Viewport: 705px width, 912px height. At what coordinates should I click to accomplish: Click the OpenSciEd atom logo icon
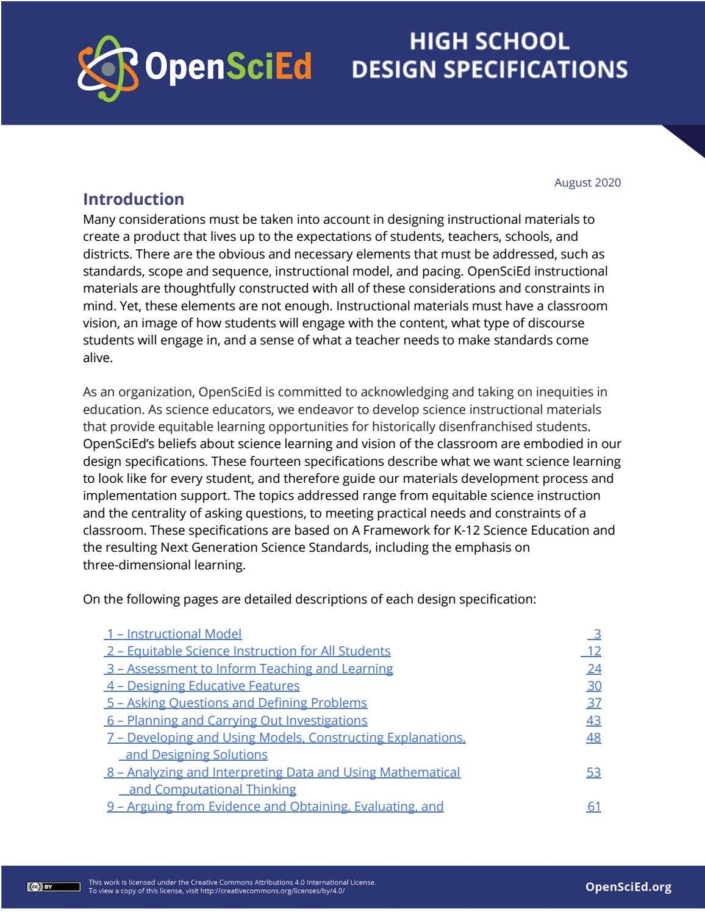coord(107,68)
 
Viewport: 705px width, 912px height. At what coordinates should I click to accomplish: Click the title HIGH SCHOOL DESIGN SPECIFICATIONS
coord(489,55)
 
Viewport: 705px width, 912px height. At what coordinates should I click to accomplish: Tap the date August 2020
coord(587,182)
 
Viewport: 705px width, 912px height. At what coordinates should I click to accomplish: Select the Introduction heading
coord(134,199)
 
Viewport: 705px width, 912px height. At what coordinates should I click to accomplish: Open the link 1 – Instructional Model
coord(174,634)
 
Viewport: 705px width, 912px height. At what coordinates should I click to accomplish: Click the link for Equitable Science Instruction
coord(248,651)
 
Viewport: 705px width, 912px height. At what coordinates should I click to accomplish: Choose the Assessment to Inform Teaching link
coord(249,668)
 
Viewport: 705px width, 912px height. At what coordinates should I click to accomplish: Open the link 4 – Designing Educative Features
coord(203,685)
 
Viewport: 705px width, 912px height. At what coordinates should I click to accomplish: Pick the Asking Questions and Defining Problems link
coord(237,702)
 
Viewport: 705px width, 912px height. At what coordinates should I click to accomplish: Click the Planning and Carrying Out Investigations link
coord(237,720)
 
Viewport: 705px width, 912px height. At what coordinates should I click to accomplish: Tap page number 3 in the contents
coord(596,634)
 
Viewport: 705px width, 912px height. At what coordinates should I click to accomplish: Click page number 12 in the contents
coord(593,651)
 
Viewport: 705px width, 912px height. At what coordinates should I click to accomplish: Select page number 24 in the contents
coord(593,668)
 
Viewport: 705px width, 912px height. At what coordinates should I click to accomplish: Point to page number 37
coord(593,702)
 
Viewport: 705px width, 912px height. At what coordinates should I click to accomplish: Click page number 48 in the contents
coord(593,737)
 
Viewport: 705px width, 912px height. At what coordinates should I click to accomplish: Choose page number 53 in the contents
coord(593,772)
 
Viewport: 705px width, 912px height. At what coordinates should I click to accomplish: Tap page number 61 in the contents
coord(593,806)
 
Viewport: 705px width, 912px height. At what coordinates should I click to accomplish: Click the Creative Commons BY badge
coord(54,886)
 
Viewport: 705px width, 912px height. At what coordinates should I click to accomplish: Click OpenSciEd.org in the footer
coord(628,886)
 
